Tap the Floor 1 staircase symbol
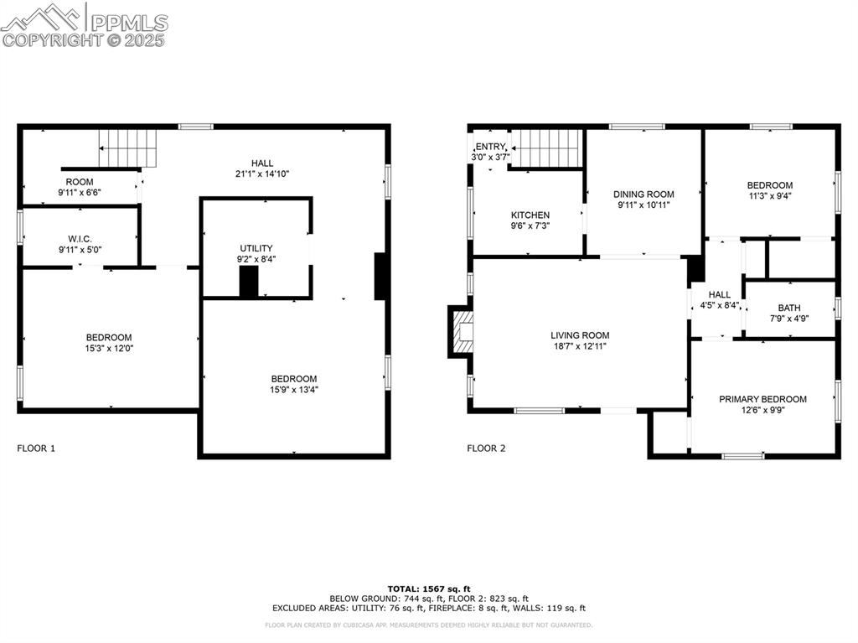(129, 148)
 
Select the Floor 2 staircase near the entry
(547, 148)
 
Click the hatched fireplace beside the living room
(461, 333)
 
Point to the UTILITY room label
(256, 248)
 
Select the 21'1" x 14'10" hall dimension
(261, 174)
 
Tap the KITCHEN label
(530, 215)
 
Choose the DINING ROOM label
(643, 194)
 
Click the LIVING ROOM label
(579, 335)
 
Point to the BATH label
(788, 308)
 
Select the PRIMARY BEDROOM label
(762, 399)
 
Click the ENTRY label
(490, 147)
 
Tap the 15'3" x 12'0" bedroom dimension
(108, 349)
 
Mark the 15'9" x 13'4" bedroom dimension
(293, 389)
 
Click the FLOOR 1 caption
(36, 449)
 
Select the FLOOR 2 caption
(486, 449)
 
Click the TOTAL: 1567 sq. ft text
(428, 589)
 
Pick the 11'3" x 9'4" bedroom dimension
(769, 197)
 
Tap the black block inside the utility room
(249, 282)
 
